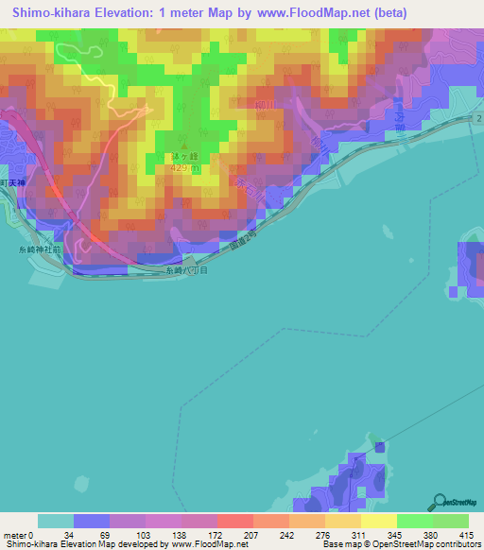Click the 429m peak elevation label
coord(183,167)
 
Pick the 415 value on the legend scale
coord(466,535)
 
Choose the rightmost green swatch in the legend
coord(450,522)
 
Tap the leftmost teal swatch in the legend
coord(56,522)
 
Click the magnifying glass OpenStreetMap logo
coord(441,504)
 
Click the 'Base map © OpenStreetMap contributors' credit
coord(398,545)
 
